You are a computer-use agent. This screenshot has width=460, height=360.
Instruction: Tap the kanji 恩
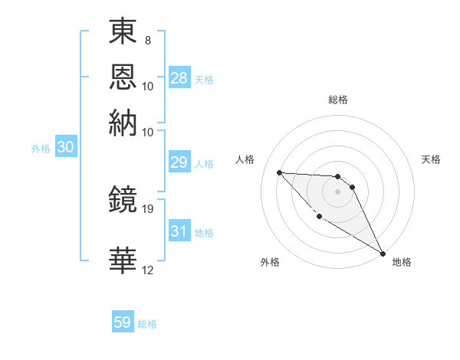pos(123,77)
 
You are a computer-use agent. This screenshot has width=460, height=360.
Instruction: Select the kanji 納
pos(123,123)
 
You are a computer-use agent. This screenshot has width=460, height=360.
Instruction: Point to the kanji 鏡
pos(123,201)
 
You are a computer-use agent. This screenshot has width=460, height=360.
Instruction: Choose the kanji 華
pos(123,260)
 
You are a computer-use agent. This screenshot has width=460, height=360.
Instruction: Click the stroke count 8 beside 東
pos(147,40)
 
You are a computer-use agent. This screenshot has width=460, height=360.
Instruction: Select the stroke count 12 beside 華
pos(149,270)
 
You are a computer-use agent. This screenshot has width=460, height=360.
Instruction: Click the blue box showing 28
pos(179,78)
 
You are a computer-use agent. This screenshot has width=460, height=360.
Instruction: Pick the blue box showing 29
pos(179,162)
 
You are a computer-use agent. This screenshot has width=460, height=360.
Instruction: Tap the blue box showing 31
pos(179,231)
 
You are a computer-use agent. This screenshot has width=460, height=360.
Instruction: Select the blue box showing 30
pos(65,148)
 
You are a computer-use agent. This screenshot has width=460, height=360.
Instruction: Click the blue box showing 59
pos(123,322)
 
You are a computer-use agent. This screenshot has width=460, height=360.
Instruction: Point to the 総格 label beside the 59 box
pos(147,324)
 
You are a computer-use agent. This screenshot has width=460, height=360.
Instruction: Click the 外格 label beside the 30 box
pos(40,149)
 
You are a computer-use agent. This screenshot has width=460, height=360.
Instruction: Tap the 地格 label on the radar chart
pos(402,262)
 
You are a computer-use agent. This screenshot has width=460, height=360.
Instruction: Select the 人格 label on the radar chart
pos(245,159)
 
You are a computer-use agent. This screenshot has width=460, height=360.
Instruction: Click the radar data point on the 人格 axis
pos(279,172)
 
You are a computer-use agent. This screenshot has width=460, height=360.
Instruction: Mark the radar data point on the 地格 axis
pos(383,253)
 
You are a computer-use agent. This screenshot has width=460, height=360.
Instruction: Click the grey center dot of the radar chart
pos(337,191)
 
